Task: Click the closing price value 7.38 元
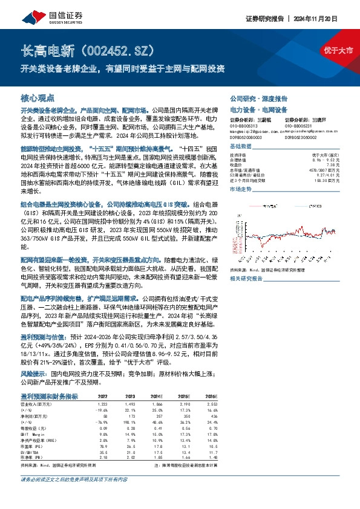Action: (x=335, y=164)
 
